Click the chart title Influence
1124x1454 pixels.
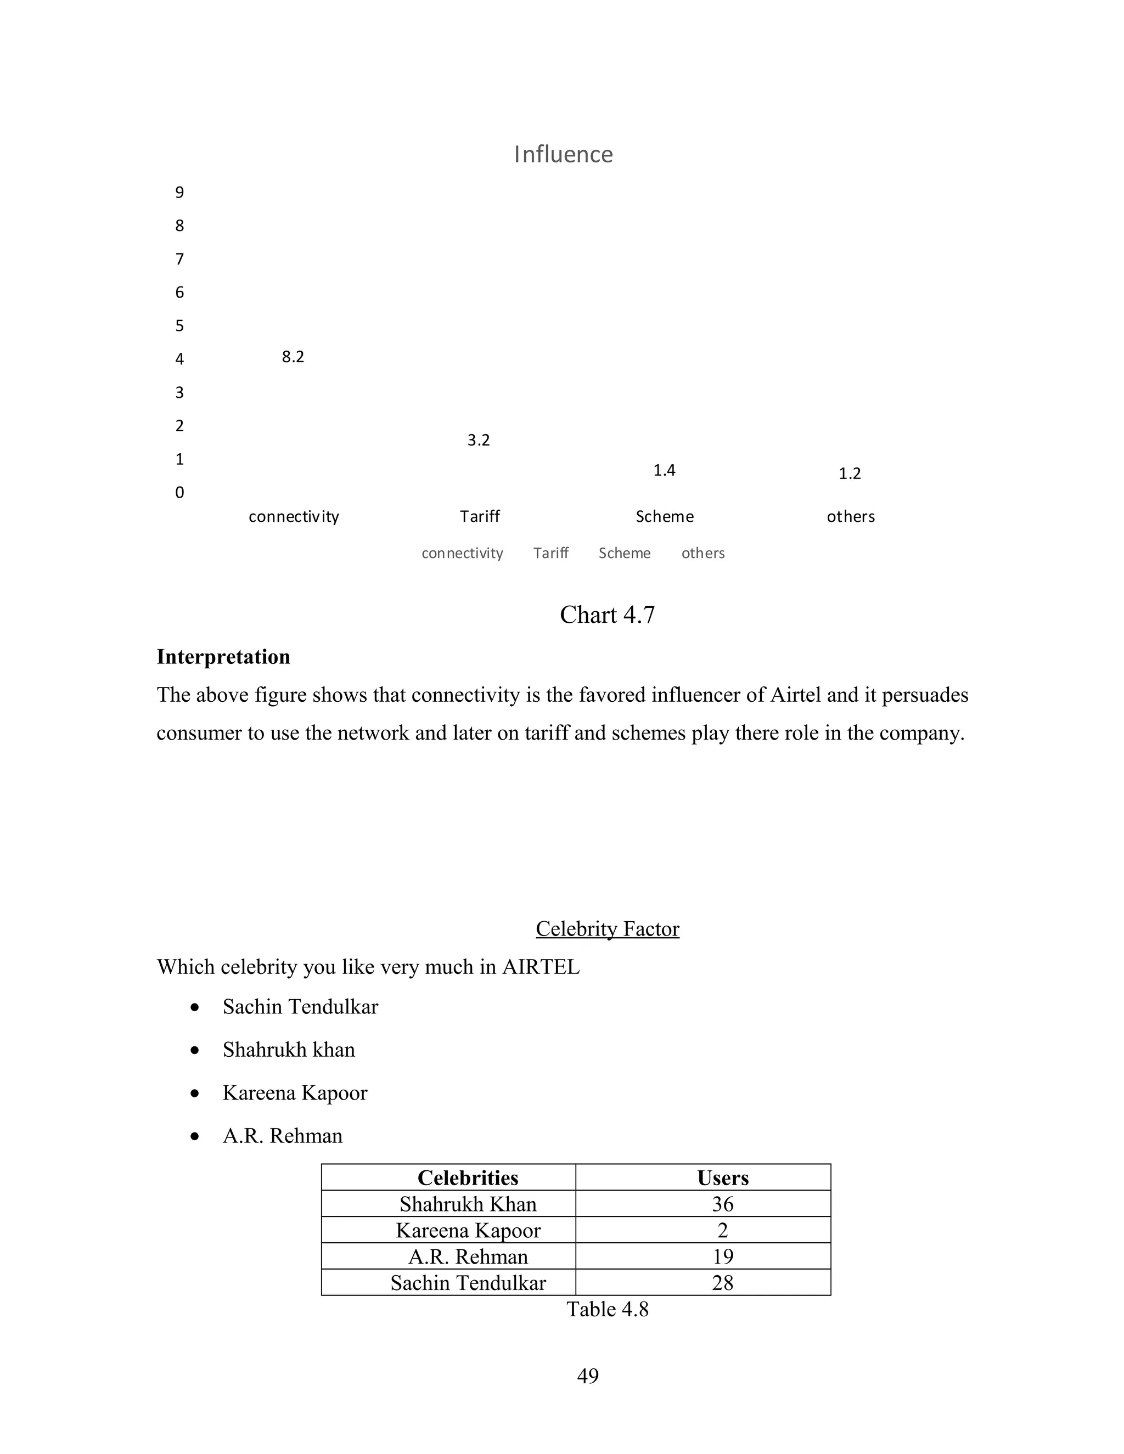click(x=563, y=155)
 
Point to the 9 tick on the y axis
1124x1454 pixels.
click(x=179, y=193)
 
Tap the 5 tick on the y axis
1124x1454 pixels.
click(x=179, y=325)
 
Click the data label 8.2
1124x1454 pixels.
click(x=293, y=357)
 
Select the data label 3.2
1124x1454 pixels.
click(x=478, y=440)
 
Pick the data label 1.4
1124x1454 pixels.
click(x=664, y=471)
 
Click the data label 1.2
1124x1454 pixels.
click(x=849, y=474)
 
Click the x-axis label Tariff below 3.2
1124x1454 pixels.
click(x=480, y=517)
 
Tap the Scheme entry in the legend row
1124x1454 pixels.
click(x=624, y=553)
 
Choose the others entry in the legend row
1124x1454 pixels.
click(x=702, y=553)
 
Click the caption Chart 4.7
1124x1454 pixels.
click(x=606, y=615)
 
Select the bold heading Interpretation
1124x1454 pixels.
click(x=223, y=657)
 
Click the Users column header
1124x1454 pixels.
click(x=722, y=1177)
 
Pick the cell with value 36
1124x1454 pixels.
click(x=722, y=1204)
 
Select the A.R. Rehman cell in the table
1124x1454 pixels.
click(x=468, y=1256)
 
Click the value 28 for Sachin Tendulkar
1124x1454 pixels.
click(x=722, y=1282)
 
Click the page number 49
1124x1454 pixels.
click(x=587, y=1376)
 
